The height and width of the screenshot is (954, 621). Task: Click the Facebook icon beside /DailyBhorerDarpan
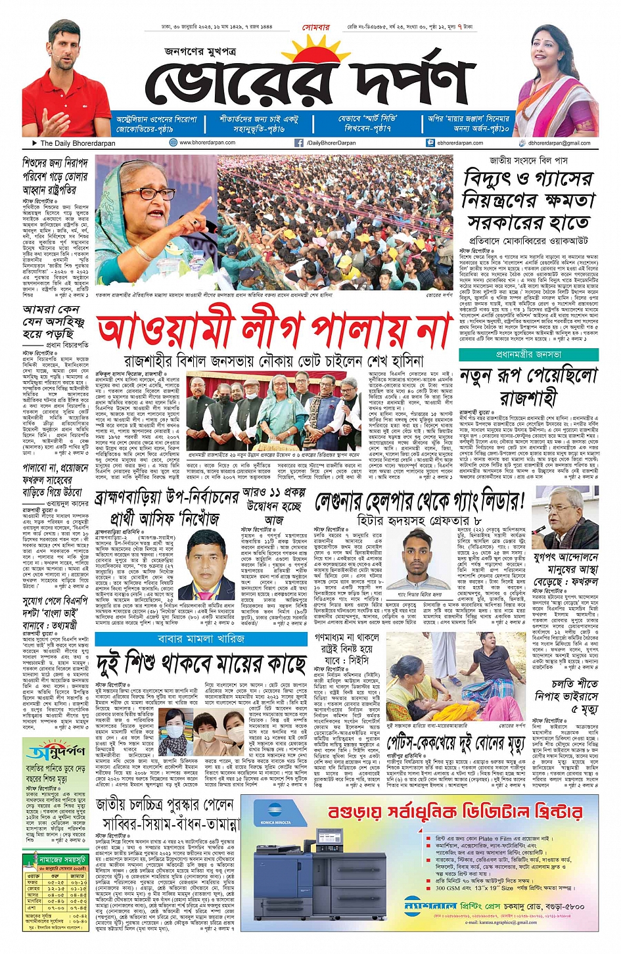[299, 143]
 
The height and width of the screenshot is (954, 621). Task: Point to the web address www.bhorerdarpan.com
[207, 143]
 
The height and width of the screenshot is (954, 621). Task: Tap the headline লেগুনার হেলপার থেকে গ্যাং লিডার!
[419, 502]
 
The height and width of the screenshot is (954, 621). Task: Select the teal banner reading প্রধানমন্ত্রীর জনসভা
[528, 354]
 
